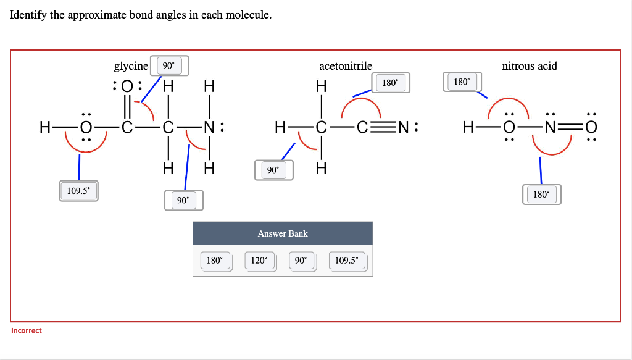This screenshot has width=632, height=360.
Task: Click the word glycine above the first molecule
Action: tap(131, 66)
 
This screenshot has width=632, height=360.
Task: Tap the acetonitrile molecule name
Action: tap(345, 66)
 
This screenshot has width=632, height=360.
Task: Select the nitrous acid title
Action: tap(529, 66)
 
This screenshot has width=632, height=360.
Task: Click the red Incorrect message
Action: tap(27, 330)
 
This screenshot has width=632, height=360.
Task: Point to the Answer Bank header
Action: tap(283, 233)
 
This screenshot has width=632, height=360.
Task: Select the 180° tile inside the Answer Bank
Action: tap(214, 261)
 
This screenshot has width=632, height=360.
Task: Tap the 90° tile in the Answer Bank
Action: tap(301, 261)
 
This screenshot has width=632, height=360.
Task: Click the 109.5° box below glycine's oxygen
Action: tap(78, 191)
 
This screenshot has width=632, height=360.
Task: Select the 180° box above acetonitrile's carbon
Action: tap(390, 82)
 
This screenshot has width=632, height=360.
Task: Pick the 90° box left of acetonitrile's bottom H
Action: tap(272, 170)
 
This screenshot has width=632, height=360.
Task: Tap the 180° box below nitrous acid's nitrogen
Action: tap(541, 195)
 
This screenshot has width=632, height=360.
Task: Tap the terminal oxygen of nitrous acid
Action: tap(592, 128)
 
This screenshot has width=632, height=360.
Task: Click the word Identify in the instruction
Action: tap(28, 15)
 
